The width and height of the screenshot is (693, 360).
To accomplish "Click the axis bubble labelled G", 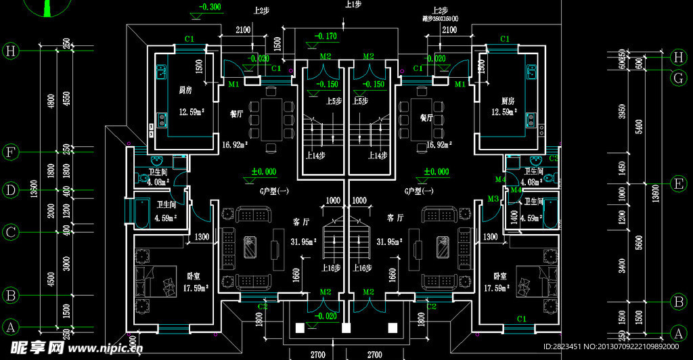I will pos(678,78).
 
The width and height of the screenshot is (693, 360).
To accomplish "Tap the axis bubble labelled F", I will pos(9,152).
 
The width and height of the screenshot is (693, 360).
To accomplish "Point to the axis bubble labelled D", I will pos(9,190).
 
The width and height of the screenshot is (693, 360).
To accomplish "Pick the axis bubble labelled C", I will pos(9,232).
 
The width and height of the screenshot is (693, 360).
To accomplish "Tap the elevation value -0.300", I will pos(209,7).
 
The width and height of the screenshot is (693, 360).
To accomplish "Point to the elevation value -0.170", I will pos(326,35).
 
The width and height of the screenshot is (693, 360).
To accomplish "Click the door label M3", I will pos(493,198).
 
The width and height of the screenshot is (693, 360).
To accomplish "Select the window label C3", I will pos(553,158).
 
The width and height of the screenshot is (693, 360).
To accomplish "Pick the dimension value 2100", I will pos(244,30).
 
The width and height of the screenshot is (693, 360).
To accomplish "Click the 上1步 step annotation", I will pos(353,5).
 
